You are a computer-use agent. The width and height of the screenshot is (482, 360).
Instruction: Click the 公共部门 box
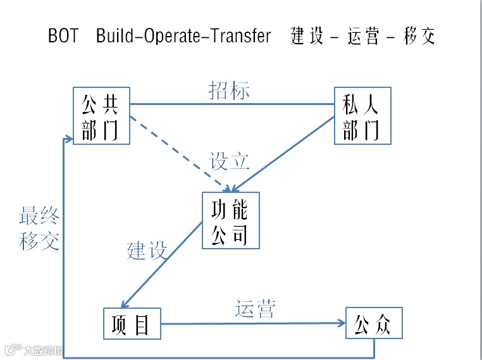click(x=101, y=116)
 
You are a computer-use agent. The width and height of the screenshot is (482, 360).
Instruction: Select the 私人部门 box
click(x=362, y=116)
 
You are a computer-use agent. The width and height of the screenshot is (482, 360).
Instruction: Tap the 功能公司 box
click(x=230, y=220)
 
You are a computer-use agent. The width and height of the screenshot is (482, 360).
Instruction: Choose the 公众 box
click(x=374, y=324)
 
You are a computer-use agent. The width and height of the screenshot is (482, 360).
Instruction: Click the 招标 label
click(x=229, y=90)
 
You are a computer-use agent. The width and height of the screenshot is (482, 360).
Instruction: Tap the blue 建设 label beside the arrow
click(x=147, y=250)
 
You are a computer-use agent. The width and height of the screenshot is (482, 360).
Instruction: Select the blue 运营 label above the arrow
click(x=256, y=309)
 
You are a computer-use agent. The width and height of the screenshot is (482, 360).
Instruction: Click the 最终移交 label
click(x=39, y=229)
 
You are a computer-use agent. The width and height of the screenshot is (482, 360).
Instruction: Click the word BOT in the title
click(x=63, y=36)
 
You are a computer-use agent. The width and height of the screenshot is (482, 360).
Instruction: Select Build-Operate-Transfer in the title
click(x=183, y=36)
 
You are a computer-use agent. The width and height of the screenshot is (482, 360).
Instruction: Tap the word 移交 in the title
click(x=419, y=36)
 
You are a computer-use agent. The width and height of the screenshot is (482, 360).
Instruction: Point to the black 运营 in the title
click(x=363, y=36)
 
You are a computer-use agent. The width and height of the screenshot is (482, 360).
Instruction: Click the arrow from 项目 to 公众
click(x=253, y=324)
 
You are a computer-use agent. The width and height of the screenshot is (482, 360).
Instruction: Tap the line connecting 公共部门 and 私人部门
click(x=232, y=104)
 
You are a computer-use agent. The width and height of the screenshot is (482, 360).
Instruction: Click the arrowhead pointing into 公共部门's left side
click(x=68, y=138)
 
